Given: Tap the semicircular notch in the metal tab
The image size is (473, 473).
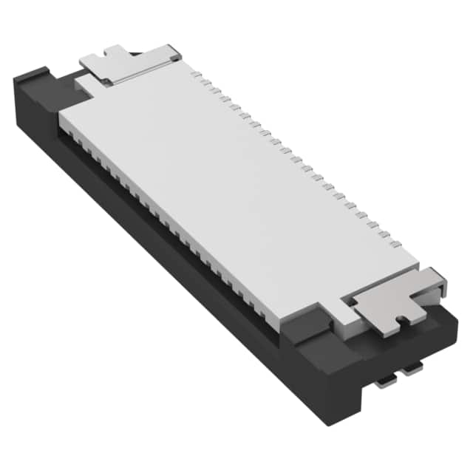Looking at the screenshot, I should pos(401,320).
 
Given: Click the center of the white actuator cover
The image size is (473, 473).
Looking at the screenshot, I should pos(236,185).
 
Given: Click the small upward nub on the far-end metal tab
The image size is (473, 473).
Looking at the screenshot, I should pos(115,52).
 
